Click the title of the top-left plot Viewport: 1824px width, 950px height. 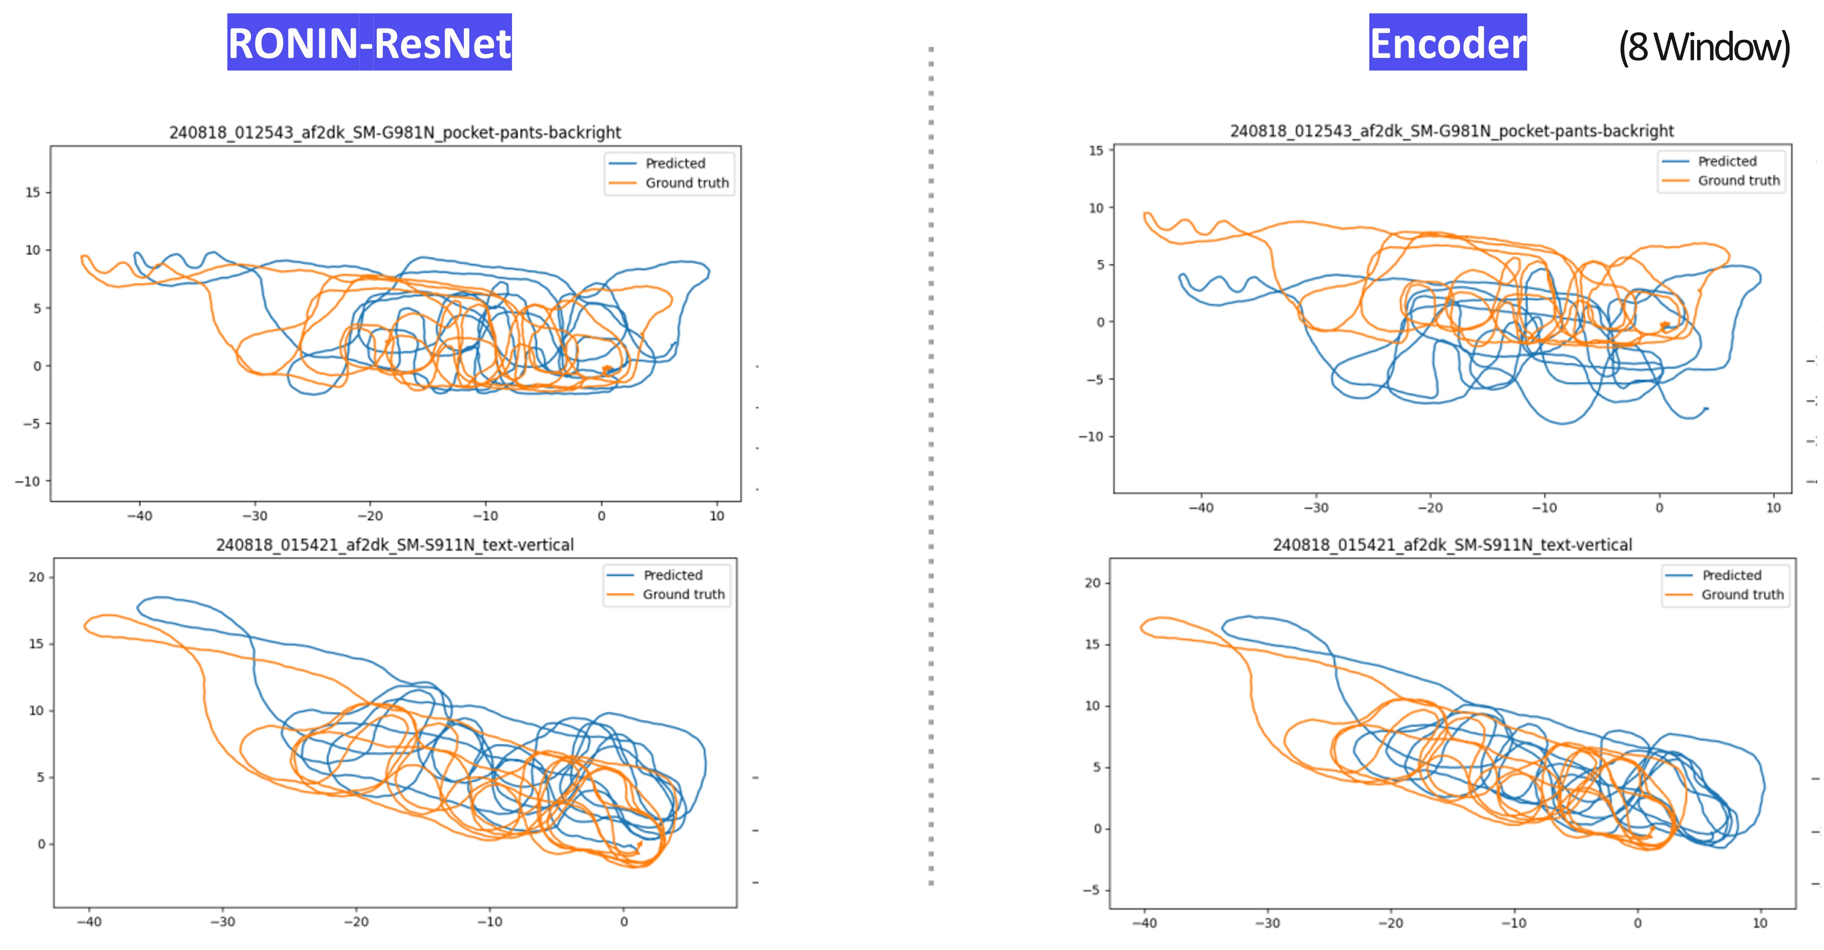(395, 133)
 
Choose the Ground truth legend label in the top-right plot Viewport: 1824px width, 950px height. (1738, 181)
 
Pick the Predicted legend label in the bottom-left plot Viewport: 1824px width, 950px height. (672, 575)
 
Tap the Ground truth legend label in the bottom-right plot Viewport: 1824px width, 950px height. (1743, 594)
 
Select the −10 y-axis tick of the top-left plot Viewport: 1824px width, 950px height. (28, 481)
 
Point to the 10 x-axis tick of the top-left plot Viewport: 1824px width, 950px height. (716, 516)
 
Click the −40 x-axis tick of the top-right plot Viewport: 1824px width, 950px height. (1201, 508)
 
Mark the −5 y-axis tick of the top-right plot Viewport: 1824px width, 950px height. (1095, 379)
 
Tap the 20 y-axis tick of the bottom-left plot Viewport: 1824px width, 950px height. (36, 577)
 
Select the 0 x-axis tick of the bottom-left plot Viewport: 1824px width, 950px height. (624, 922)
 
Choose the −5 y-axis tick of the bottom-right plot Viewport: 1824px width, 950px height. (1091, 890)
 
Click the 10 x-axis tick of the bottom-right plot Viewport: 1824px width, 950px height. (1760, 923)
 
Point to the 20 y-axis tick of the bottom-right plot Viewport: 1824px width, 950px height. (1092, 583)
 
